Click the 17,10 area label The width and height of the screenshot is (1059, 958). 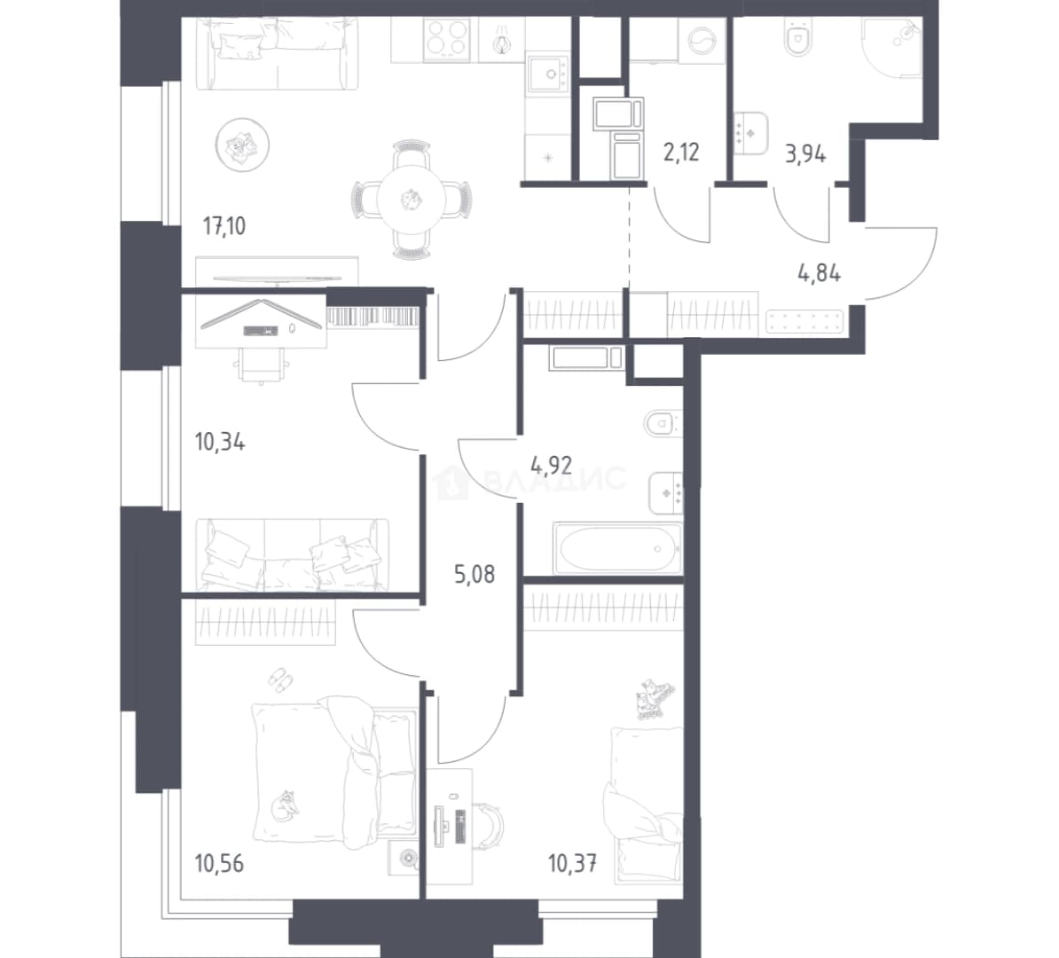click(x=224, y=225)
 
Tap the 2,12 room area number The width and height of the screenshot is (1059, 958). click(x=681, y=153)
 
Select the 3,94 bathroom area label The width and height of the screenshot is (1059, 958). click(x=805, y=154)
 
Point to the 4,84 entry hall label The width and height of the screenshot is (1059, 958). click(x=820, y=273)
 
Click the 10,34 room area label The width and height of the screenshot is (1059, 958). click(x=219, y=443)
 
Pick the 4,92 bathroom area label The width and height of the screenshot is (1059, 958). click(x=551, y=465)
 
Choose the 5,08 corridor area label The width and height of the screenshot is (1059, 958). click(x=475, y=574)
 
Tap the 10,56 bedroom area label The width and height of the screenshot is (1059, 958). click(x=219, y=863)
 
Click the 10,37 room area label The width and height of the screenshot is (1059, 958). click(x=573, y=863)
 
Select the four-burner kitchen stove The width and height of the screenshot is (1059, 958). click(x=447, y=38)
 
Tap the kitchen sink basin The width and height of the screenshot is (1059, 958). click(x=548, y=74)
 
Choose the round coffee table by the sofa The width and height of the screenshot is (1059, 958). click(x=242, y=144)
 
